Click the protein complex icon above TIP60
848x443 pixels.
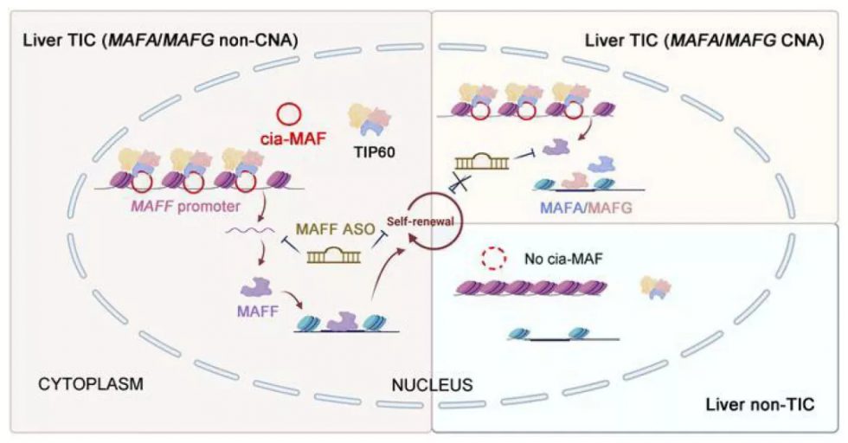click(368, 119)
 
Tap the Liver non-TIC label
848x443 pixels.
click(759, 404)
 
